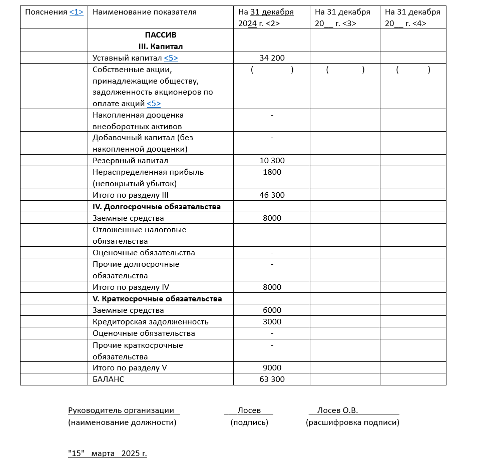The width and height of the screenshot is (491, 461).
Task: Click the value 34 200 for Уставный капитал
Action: tap(272, 58)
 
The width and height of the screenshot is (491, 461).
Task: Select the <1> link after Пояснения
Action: tap(76, 12)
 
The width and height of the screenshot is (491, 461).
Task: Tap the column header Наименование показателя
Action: tap(145, 12)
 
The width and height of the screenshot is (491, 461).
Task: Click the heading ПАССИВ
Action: tap(160, 35)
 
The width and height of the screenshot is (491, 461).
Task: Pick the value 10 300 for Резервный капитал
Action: tap(272, 161)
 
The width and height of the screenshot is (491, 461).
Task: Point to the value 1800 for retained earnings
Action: tap(272, 172)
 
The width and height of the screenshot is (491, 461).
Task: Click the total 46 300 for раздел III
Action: tap(272, 195)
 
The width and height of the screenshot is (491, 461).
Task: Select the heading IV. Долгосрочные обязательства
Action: tap(157, 207)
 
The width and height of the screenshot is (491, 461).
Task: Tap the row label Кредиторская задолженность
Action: tap(150, 322)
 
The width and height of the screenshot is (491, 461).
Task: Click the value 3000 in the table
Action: tap(272, 322)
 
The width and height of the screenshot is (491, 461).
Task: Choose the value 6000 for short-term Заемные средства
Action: tap(272, 310)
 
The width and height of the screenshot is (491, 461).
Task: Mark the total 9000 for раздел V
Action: tap(272, 368)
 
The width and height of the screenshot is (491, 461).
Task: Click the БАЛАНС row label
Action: tap(108, 379)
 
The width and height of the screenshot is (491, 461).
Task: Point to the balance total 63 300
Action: tap(272, 379)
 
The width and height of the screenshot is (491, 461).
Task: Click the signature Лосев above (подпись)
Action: tap(249, 410)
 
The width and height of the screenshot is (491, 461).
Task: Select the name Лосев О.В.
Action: tap(337, 410)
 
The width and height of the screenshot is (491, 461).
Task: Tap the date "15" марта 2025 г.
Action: tap(108, 454)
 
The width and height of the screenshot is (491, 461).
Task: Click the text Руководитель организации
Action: tap(121, 410)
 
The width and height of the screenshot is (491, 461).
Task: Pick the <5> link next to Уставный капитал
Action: tap(171, 58)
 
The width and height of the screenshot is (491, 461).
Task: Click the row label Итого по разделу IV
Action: tap(131, 287)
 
